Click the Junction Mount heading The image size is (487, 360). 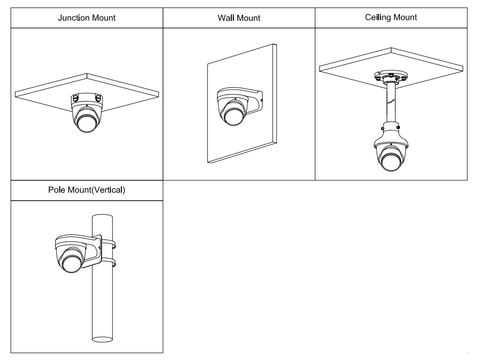[x=87, y=18]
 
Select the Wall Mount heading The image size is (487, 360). [x=239, y=18]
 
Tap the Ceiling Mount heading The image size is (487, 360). [x=390, y=17]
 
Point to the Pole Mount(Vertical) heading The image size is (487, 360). [x=87, y=190]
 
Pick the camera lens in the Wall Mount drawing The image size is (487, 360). [x=232, y=116]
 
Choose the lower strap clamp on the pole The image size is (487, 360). [x=108, y=262]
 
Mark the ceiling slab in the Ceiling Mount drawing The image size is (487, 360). [x=348, y=67]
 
